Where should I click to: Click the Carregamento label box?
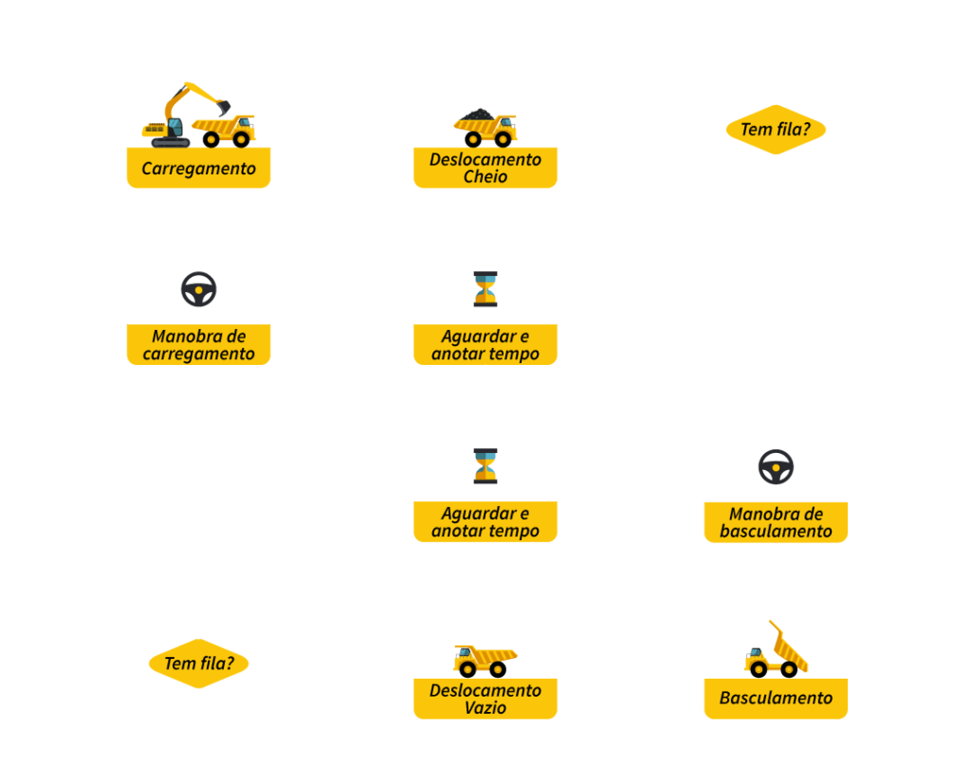(198, 168)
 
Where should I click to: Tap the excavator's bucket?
(224, 108)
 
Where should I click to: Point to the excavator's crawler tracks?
(171, 142)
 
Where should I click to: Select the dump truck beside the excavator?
(224, 131)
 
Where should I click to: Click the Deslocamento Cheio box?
(485, 168)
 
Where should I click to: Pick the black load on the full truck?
(477, 115)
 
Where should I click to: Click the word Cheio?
(485, 177)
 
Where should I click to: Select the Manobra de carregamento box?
(198, 344)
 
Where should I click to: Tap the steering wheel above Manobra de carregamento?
(199, 289)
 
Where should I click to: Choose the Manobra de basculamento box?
(776, 522)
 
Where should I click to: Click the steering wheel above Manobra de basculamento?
(776, 467)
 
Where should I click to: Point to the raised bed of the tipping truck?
(790, 647)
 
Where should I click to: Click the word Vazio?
(485, 708)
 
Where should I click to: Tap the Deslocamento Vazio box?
(485, 699)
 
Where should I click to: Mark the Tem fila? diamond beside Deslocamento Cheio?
(776, 130)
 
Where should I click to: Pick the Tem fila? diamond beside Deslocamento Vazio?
(199, 664)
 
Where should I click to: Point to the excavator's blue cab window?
(175, 127)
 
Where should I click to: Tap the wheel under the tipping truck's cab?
(759, 669)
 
